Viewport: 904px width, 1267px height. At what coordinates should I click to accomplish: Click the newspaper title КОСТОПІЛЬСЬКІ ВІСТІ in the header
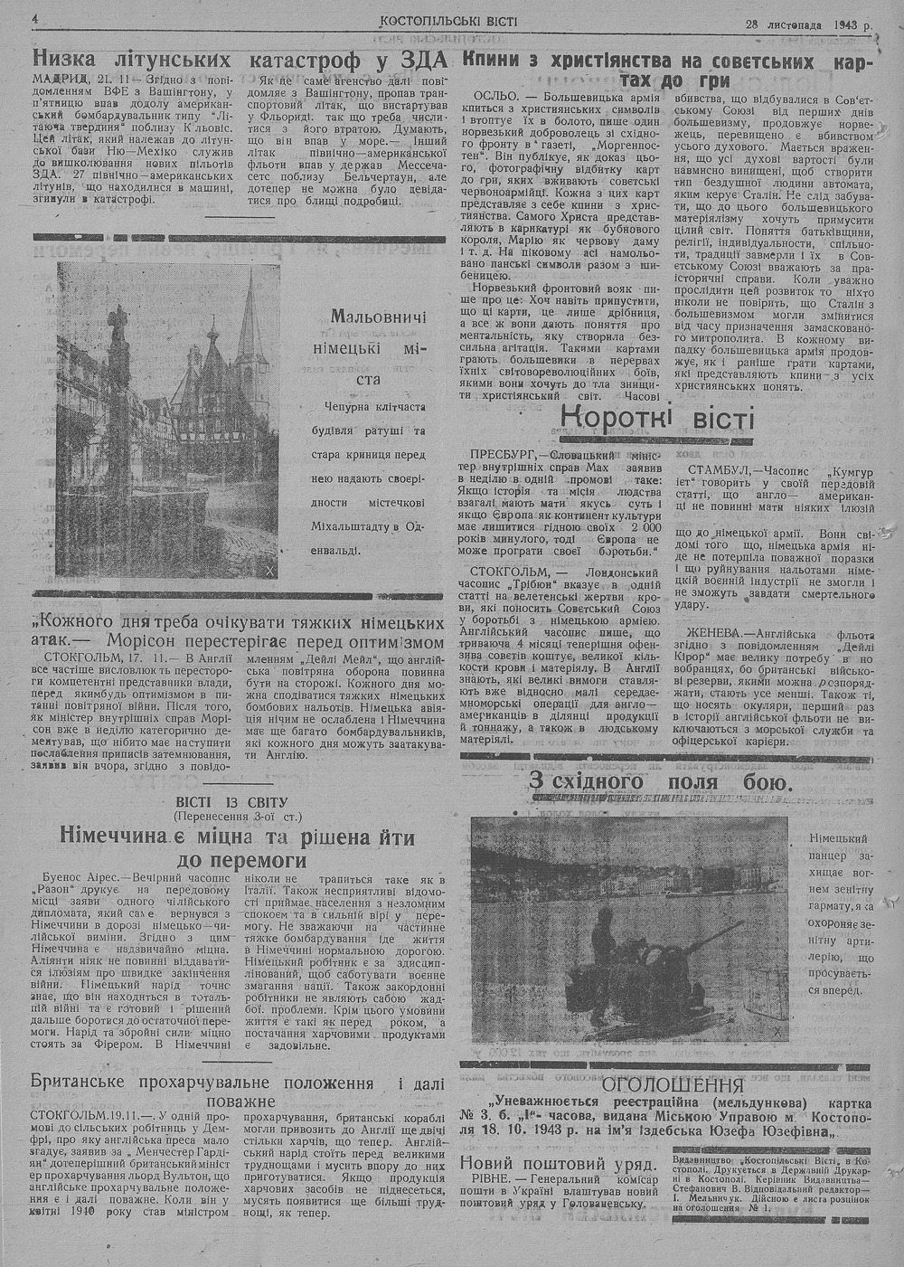pos(448,20)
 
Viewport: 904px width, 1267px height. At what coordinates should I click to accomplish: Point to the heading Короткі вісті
pos(657,419)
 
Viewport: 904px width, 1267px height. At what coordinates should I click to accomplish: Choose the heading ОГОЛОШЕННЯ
pos(673,1085)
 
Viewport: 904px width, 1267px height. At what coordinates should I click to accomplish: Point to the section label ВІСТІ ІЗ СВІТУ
pos(233,802)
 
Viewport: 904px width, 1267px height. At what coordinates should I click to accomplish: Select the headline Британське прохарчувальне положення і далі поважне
pos(240,1092)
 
